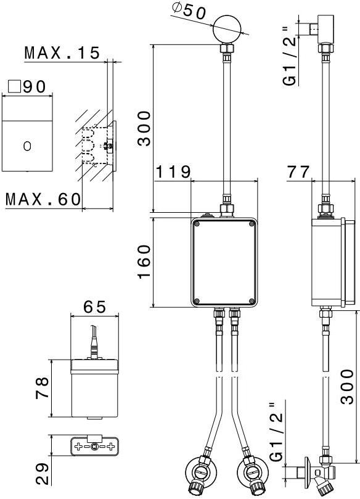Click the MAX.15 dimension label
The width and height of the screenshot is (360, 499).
(x=62, y=53)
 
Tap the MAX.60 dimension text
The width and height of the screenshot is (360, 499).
(x=43, y=199)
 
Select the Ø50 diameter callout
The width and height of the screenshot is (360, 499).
(x=189, y=12)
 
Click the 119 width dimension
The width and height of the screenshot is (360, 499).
(x=173, y=172)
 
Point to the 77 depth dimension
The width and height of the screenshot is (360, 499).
(x=298, y=172)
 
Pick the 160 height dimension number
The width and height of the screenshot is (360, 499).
(x=144, y=262)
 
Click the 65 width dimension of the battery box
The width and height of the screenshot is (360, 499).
(x=94, y=307)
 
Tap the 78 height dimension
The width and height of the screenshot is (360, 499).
(x=43, y=387)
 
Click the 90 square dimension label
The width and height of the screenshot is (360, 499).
(x=27, y=86)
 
